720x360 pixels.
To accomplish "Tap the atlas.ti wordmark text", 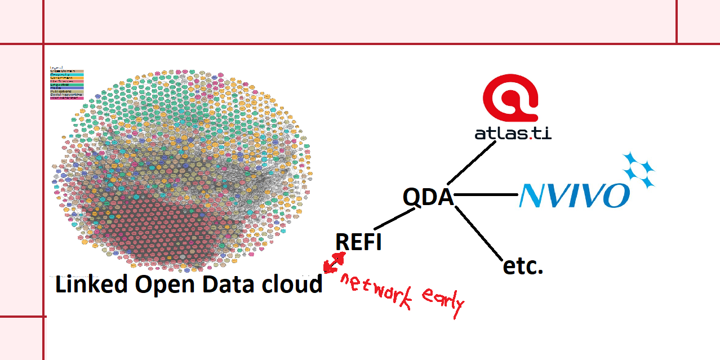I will pyautogui.click(x=512, y=134).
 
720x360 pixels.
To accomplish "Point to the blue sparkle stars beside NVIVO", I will pyautogui.click(x=638, y=169).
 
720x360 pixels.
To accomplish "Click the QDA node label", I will pyautogui.click(x=428, y=198).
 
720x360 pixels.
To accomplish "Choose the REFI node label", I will pyautogui.click(x=358, y=242).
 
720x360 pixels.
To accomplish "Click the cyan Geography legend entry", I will pyautogui.click(x=66, y=74).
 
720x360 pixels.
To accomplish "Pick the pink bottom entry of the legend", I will pyautogui.click(x=66, y=99).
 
